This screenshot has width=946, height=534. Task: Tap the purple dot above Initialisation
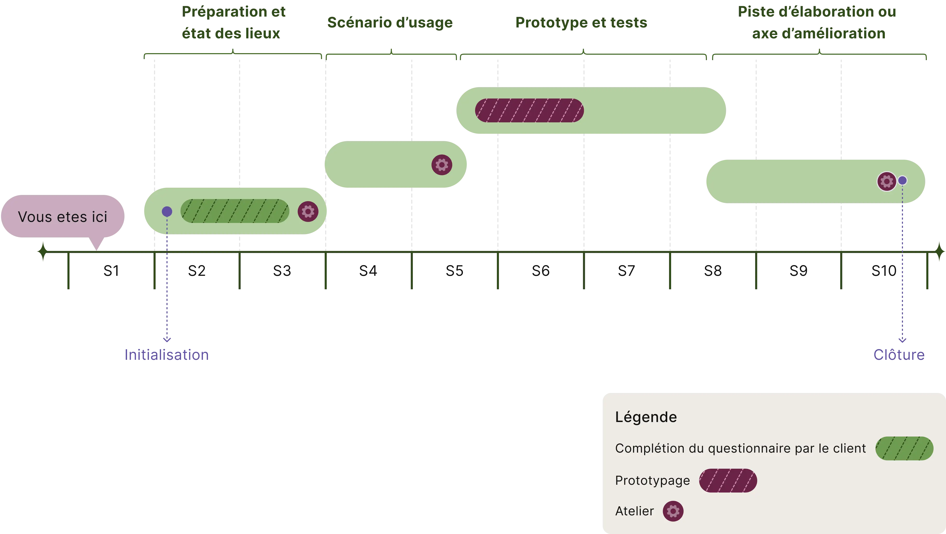(x=167, y=212)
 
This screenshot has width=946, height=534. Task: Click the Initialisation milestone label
(x=167, y=355)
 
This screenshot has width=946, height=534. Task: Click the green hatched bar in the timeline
(x=235, y=211)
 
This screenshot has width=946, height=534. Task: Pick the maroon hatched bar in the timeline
(x=529, y=110)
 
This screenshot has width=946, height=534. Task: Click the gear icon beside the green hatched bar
(x=308, y=212)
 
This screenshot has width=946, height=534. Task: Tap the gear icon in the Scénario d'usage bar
(x=442, y=165)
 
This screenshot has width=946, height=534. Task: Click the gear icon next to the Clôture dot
(x=887, y=181)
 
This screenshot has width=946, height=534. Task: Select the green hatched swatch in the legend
(x=904, y=448)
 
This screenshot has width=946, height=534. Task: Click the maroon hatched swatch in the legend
(x=728, y=480)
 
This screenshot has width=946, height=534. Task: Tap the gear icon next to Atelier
(x=673, y=511)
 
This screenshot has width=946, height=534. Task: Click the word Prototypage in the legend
(x=652, y=480)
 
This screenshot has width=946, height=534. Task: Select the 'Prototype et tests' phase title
(x=581, y=23)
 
